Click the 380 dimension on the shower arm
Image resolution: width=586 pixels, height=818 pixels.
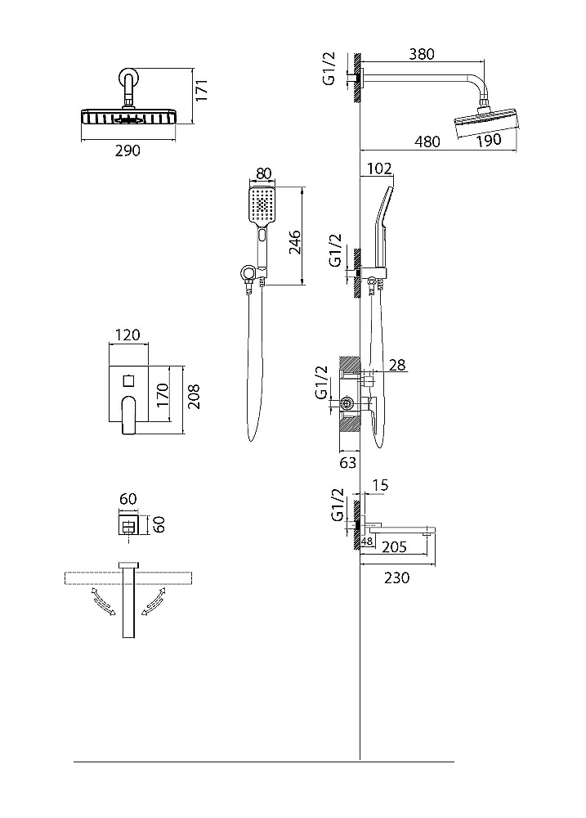421,54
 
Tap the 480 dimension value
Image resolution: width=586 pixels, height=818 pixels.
427,142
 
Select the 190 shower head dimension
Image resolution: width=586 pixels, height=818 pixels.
489,141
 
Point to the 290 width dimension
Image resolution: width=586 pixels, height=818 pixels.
127,151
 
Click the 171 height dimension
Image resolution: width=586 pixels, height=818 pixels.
201,90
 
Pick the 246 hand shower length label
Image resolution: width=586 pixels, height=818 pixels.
294,241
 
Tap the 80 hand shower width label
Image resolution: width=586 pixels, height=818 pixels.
264,173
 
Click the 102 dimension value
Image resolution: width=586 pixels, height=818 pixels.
379,169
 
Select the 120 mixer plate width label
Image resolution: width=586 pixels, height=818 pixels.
127,335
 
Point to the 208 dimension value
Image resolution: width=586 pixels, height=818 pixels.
194,397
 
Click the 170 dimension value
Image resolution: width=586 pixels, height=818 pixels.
163,395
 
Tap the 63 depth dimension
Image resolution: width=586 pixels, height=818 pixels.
347,462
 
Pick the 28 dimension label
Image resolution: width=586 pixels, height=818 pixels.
397,365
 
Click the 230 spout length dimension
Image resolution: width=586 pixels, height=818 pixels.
396,578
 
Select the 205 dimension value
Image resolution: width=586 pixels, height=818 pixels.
394,546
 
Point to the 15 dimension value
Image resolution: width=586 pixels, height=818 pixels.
381,485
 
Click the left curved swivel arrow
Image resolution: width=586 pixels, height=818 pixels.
104,603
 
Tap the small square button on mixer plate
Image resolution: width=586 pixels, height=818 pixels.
129,381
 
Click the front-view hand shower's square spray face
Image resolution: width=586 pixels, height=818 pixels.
262,204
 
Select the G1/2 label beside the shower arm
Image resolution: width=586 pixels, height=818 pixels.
329,69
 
